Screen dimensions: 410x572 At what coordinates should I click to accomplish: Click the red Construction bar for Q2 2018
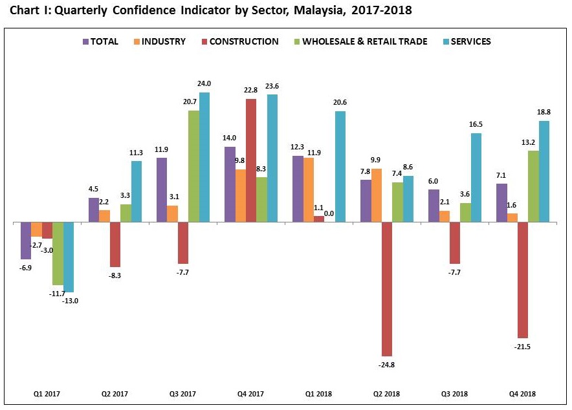(x=387, y=289)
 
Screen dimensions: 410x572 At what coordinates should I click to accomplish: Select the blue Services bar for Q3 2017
(x=204, y=157)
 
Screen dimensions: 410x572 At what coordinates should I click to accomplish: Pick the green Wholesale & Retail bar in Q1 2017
(x=58, y=254)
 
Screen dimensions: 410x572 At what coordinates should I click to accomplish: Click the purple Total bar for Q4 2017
(x=230, y=184)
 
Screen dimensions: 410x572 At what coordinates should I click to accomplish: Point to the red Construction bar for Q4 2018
(x=523, y=280)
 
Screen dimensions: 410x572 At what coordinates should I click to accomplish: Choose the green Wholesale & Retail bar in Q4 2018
(x=533, y=186)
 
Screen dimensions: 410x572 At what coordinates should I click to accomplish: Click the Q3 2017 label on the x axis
(x=183, y=394)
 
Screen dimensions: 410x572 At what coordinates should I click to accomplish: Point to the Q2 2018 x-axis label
(x=387, y=394)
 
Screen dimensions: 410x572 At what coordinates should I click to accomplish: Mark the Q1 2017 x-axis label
(x=47, y=394)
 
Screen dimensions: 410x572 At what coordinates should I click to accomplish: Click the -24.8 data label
(x=387, y=365)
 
